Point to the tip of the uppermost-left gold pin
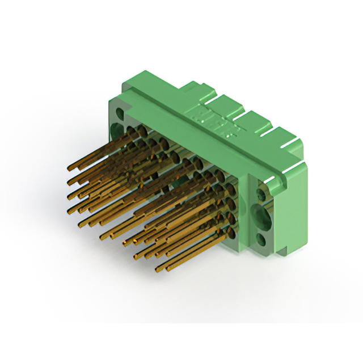(69, 168)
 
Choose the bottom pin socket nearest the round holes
(232, 233)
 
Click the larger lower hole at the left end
(120, 130)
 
